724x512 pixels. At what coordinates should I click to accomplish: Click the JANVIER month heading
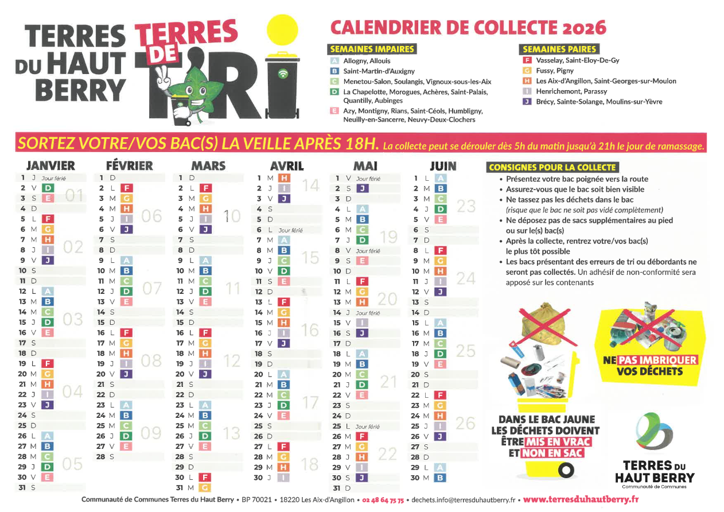pos(50,166)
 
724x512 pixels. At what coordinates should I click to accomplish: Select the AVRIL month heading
pos(287,166)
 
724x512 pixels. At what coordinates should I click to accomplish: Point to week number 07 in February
pos(151,288)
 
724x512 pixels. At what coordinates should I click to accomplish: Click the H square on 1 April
pos(283,179)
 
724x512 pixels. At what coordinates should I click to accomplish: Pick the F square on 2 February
pos(127,188)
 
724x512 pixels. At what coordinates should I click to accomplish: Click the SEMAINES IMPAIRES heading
pos(372,49)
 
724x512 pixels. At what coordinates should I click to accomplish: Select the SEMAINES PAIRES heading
pos(559,49)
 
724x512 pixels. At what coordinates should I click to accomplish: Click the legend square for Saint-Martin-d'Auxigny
pos(334,71)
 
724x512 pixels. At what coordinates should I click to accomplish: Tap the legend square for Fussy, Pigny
pos(527,71)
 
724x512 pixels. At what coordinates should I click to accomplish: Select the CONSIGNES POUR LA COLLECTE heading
pos(552,168)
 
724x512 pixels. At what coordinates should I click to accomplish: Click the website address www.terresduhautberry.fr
pos(581,499)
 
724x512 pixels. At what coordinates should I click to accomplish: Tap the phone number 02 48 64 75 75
pos(383,500)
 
